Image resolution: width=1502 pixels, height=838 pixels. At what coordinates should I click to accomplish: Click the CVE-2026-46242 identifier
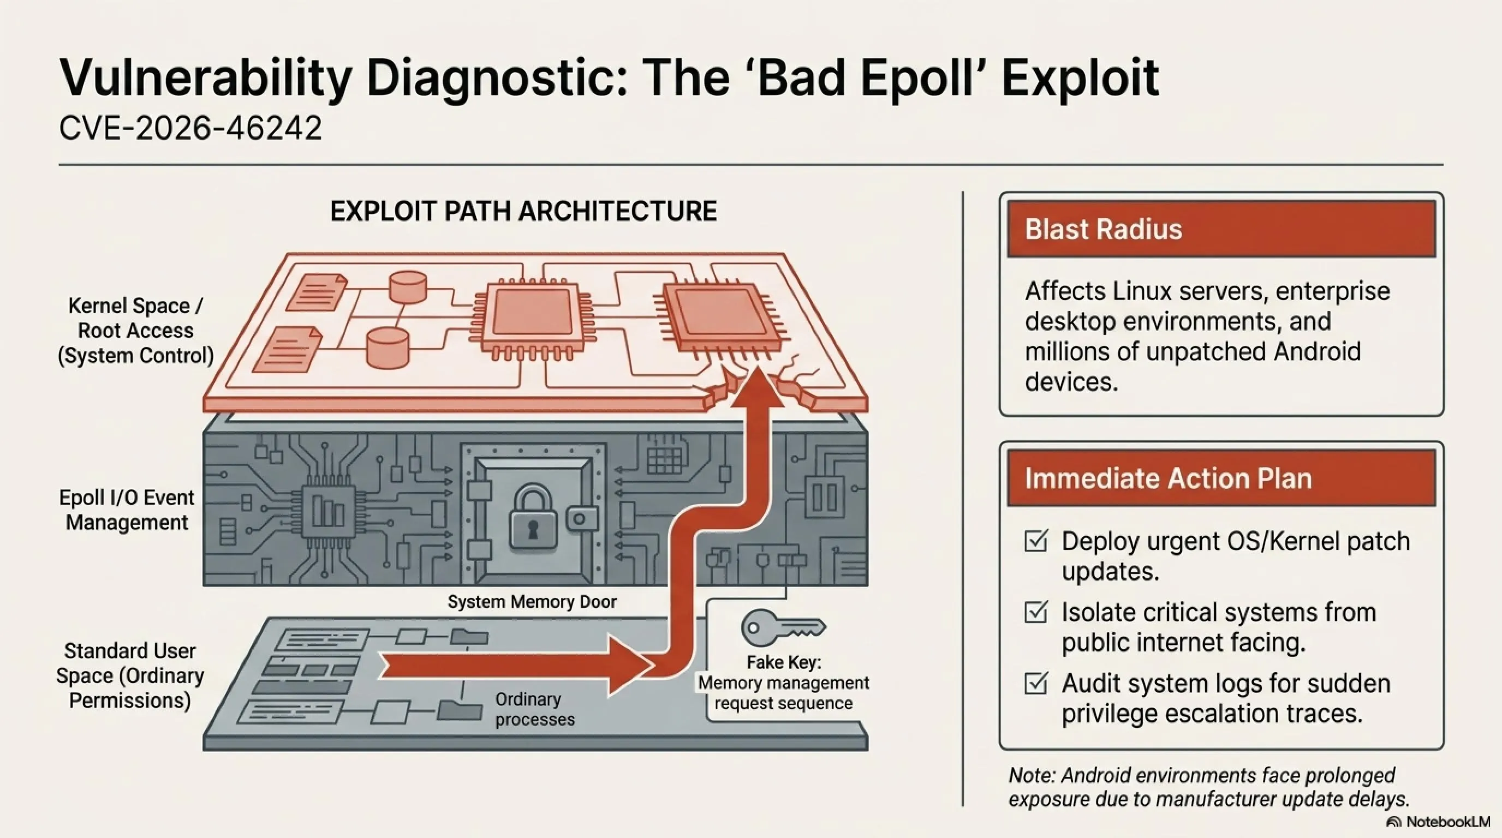point(190,127)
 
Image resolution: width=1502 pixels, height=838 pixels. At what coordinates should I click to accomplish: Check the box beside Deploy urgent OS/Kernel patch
point(1036,541)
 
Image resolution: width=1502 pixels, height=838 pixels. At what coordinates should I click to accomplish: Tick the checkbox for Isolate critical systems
point(1036,612)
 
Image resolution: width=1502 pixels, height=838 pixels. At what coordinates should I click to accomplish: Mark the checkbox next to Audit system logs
point(1036,683)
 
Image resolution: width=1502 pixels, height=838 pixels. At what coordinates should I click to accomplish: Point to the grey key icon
point(783,627)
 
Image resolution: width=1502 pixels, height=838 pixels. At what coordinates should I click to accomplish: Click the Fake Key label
point(783,662)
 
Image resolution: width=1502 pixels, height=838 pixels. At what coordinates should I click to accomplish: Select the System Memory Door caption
point(532,601)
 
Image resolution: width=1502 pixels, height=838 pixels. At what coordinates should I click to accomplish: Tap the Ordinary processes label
point(535,709)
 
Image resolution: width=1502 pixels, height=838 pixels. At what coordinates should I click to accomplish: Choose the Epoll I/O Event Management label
point(127,510)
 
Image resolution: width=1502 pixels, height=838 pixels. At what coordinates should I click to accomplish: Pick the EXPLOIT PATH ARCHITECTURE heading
point(523,211)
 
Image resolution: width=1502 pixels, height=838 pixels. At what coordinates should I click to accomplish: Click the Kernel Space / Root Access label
point(135,331)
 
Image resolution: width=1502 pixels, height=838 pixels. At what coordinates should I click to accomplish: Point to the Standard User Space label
point(129,675)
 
